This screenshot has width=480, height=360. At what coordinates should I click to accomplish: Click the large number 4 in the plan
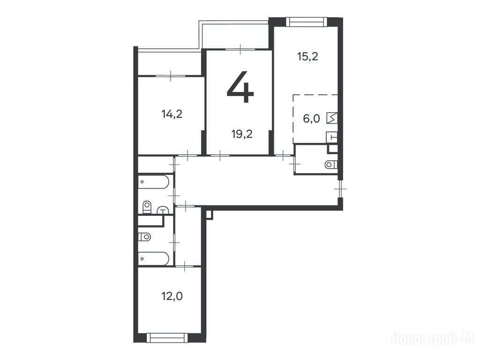(x=240, y=87)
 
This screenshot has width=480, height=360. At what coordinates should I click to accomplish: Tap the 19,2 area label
(x=242, y=134)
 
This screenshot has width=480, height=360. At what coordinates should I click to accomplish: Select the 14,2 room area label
(x=172, y=114)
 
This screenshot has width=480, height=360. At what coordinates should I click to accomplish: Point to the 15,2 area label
(x=307, y=57)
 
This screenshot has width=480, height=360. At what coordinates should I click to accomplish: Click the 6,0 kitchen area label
(x=311, y=119)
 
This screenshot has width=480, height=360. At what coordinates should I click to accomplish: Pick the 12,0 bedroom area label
(x=172, y=296)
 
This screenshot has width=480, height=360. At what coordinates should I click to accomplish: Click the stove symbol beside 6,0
(x=332, y=118)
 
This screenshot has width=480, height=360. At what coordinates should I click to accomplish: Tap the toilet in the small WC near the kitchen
(x=331, y=165)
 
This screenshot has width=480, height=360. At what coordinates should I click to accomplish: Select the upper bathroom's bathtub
(x=153, y=181)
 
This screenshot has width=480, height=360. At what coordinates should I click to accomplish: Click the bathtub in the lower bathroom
(x=153, y=259)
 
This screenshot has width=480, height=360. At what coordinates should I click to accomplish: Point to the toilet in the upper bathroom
(x=147, y=207)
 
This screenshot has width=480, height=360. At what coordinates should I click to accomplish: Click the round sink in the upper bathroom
(x=164, y=210)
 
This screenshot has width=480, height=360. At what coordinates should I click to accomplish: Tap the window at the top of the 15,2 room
(x=306, y=22)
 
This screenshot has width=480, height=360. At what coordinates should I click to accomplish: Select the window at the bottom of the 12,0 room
(x=167, y=337)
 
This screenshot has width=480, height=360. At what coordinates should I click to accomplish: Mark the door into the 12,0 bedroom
(x=185, y=266)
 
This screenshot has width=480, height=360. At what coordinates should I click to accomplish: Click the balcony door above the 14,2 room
(x=171, y=75)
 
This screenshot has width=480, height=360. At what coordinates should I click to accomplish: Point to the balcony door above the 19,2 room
(x=240, y=49)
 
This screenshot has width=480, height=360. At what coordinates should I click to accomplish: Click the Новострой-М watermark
(x=433, y=339)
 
